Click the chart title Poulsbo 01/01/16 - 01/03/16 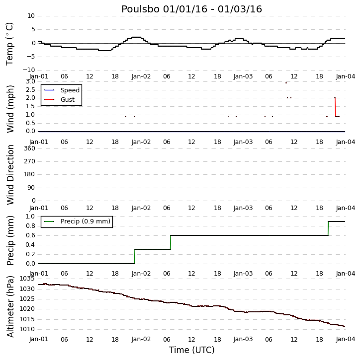point(191,9)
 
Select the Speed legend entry point(62,90)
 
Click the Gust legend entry point(60,99)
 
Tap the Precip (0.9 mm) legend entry point(77,221)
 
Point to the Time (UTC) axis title point(192,350)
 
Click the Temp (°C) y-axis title point(9,44)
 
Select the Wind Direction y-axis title point(10,175)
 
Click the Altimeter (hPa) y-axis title point(10,306)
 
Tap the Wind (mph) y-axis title point(10,109)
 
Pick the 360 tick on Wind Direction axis point(30,148)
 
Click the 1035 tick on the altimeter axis point(27,279)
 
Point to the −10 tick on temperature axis point(29,70)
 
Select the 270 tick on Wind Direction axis point(30,161)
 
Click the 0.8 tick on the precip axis point(30,226)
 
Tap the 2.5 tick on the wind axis point(30,89)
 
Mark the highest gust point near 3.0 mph point(286,83)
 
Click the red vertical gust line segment point(335,107)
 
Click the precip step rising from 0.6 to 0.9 point(328,228)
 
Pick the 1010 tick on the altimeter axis point(27,329)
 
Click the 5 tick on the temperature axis point(33,29)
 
